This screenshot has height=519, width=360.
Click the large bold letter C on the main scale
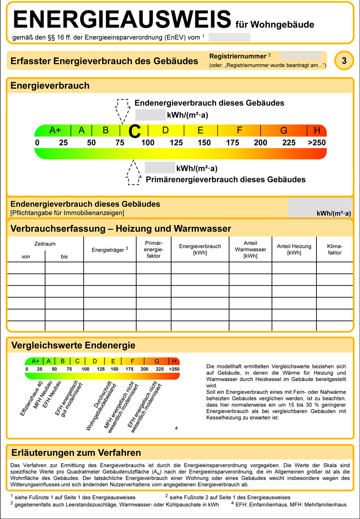135,131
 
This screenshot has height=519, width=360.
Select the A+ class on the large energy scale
55,131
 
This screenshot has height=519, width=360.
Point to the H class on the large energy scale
317,131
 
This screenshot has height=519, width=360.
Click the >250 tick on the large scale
316,143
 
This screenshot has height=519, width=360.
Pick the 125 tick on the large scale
176,143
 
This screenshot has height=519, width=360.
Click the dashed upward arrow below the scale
133,173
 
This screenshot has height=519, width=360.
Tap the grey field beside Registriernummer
301,56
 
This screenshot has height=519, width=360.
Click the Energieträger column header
110,249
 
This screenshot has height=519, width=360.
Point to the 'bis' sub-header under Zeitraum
64,257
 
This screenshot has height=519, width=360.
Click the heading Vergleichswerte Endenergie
73,346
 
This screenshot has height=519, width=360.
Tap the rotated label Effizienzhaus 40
31,398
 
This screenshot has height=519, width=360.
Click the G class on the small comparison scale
157,361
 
